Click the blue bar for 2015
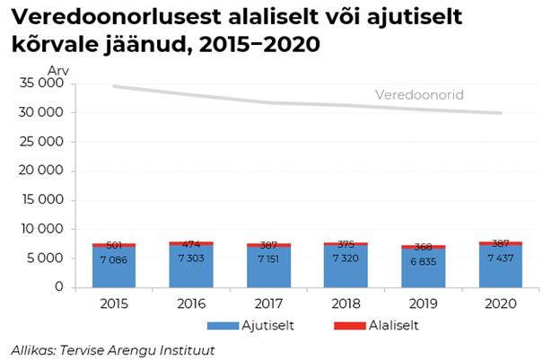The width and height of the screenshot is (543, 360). pyautogui.click(x=114, y=268)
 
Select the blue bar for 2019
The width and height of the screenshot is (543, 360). pyautogui.click(x=424, y=268)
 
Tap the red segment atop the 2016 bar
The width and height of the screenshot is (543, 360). pyautogui.click(x=191, y=243)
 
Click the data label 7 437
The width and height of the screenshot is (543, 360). pyautogui.click(x=502, y=259)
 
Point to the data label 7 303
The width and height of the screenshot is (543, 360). pyautogui.click(x=191, y=259)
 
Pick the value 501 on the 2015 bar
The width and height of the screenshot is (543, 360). pyautogui.click(x=114, y=245)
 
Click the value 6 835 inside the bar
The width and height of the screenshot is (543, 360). pyautogui.click(x=424, y=261)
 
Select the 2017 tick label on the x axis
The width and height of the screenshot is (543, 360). pyautogui.click(x=268, y=304)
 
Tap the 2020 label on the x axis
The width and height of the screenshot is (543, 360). pyautogui.click(x=501, y=304)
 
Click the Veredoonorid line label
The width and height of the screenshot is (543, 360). pyautogui.click(x=418, y=95)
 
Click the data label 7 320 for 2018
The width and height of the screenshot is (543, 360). pyautogui.click(x=346, y=259)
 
